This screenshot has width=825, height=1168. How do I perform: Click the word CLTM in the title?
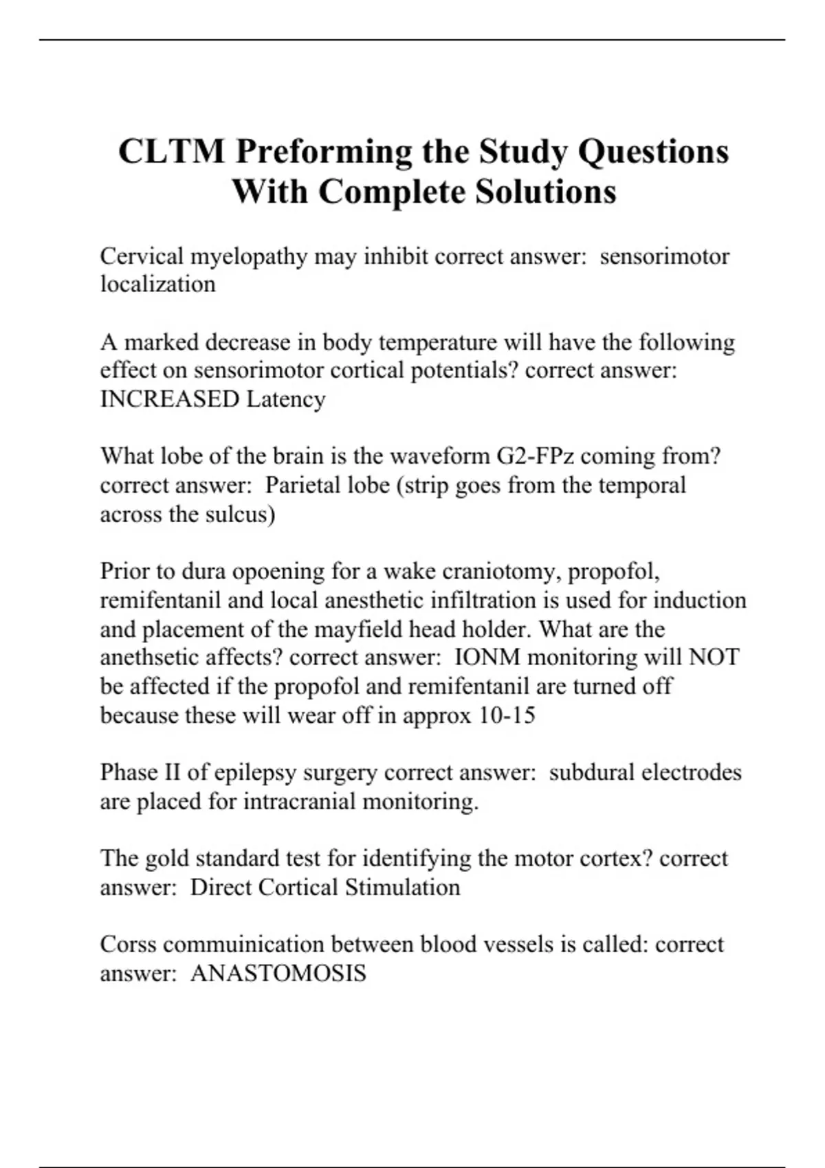pos(171,151)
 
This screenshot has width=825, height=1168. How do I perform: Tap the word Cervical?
pos(141,256)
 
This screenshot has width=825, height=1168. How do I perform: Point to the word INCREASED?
pos(169,399)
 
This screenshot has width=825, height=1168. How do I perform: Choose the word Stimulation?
pos(402,887)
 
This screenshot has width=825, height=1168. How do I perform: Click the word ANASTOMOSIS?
pos(278,973)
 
